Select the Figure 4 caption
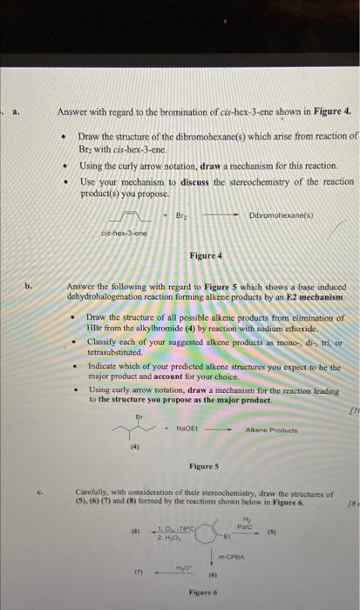pos(206,255)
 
